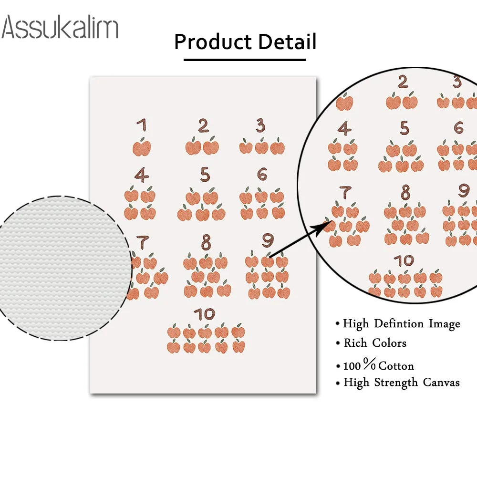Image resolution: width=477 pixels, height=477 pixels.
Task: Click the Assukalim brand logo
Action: point(60,27)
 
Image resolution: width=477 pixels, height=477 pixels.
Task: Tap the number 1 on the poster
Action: point(141,126)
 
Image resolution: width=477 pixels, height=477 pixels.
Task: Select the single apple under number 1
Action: point(142,147)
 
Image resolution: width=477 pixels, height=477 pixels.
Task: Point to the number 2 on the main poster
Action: point(204,126)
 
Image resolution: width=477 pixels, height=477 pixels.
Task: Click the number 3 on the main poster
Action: point(260,126)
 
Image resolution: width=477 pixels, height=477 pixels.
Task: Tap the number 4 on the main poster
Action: point(141,175)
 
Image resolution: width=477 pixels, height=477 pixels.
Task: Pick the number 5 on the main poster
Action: point(205,175)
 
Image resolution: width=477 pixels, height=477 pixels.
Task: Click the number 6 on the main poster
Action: point(262,175)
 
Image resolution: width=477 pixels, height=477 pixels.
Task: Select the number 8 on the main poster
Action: point(206,243)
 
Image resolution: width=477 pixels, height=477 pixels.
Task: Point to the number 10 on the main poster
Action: point(205,314)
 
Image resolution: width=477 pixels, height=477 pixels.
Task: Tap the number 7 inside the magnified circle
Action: point(345,193)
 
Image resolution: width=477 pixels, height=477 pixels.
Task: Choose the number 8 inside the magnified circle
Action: point(405,192)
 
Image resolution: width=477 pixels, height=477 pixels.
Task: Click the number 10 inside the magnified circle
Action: point(404,260)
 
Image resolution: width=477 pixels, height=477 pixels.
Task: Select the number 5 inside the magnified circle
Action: point(404,128)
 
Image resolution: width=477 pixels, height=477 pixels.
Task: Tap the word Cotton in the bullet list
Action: point(396,366)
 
